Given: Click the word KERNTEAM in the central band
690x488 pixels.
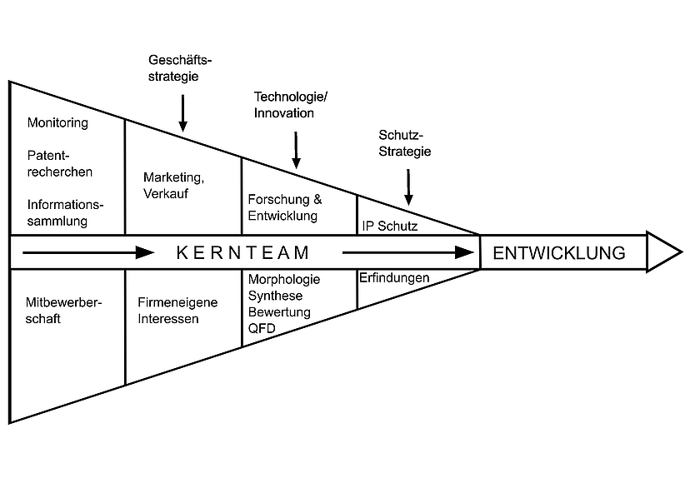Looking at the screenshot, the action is point(242,252).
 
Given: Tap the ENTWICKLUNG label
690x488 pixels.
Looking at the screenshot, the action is point(559,253).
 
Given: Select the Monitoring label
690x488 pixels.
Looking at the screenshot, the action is point(57,122).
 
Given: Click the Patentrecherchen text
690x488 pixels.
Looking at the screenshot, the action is point(60,163).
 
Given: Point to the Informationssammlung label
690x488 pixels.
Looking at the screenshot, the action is point(65,213).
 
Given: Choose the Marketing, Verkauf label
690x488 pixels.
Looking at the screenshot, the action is point(174,185).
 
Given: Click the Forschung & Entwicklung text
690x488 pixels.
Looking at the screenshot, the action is point(285,207).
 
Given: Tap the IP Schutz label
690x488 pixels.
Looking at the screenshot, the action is point(390,226).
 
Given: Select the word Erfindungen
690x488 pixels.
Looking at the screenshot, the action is point(394,278).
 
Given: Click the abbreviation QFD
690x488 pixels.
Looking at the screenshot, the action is point(262,328).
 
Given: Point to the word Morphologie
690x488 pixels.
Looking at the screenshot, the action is point(284,280).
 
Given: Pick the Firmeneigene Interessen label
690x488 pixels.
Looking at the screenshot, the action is point(177,311).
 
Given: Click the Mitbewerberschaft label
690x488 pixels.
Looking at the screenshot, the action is point(63,311).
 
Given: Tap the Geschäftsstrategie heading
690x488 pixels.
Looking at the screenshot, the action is point(180,67).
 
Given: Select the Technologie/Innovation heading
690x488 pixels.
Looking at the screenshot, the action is point(291,105).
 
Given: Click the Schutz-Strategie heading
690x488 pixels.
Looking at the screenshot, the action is point(405,143).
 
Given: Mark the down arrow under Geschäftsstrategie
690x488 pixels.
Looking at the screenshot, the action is point(182,113).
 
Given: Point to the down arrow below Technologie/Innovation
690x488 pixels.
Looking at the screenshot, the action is point(296,150).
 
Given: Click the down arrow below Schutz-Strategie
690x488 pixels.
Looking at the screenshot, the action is point(408,187).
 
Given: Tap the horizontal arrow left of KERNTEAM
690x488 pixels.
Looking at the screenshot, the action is point(88,252).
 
